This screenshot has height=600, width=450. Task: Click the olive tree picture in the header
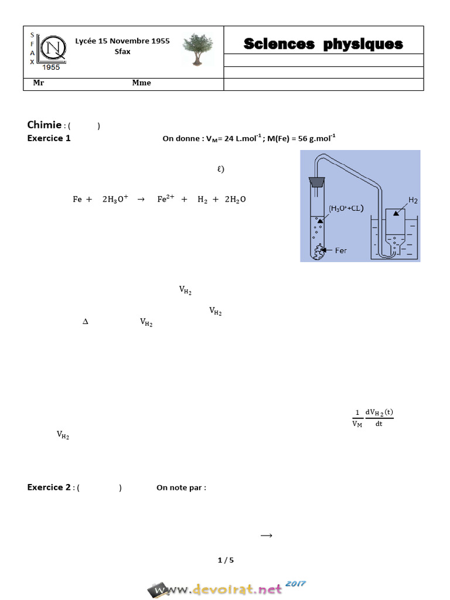coord(197,50)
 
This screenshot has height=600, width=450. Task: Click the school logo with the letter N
coord(49,47)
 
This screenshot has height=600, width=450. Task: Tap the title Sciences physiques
coord(323,44)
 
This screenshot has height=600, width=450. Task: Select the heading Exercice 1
coord(49,138)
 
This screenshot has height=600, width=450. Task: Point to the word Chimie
coord(44,124)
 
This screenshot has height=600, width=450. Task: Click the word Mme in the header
coord(141,83)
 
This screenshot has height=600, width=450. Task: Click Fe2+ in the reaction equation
coord(166,199)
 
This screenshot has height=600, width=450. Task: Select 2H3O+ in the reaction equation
coord(115,199)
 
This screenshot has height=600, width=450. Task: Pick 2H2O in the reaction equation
coord(235,199)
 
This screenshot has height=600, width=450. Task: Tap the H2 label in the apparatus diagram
coord(412,200)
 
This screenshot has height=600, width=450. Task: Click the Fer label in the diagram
coord(341,250)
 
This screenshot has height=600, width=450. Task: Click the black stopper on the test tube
coord(317,181)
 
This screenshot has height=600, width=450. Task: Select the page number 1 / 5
coord(226,560)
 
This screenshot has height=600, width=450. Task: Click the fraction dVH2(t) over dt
coord(379,417)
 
